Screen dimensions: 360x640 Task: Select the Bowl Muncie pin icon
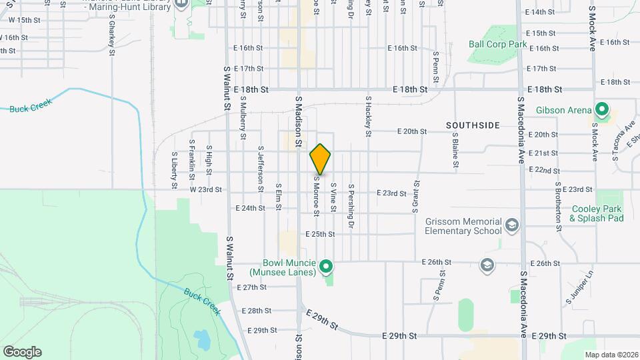[325, 268]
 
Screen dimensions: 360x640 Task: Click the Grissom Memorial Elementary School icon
[511, 224]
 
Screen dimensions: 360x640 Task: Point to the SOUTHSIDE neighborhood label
[473, 125]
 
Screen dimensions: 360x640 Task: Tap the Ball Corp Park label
[497, 45]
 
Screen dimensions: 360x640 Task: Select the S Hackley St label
[367, 116]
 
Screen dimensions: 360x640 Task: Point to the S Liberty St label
[173, 170]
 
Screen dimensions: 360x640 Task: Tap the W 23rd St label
[205, 189]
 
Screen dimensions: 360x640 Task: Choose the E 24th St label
[250, 208]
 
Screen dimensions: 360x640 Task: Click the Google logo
[22, 352]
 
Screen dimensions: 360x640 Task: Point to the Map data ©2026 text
[610, 355]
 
